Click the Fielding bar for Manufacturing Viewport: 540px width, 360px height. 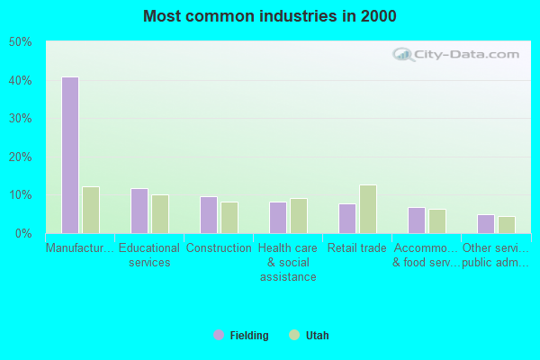(69, 155)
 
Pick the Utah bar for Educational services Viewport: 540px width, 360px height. (160, 214)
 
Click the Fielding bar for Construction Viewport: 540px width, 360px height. (208, 215)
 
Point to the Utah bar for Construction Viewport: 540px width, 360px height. (229, 218)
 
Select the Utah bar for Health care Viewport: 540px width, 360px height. (299, 216)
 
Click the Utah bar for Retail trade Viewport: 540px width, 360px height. (368, 209)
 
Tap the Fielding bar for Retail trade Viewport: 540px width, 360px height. (346, 219)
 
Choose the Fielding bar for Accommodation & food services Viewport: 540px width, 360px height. (416, 220)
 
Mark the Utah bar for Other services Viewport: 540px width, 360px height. (507, 225)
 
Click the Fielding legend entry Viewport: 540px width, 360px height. (241, 336)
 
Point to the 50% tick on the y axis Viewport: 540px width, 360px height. (21, 42)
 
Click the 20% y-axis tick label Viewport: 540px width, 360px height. (21, 157)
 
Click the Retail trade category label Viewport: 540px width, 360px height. (357, 248)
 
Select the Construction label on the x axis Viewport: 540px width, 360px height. (219, 248)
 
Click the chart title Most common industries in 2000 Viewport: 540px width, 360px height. (270, 16)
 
